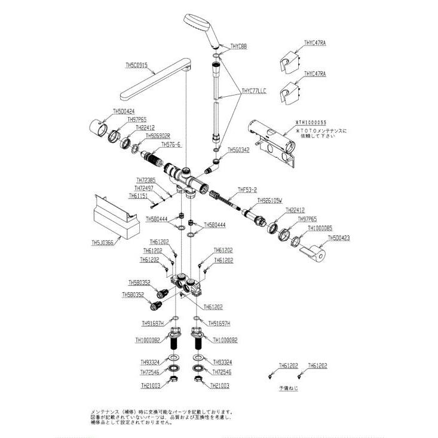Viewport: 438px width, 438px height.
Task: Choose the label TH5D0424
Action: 124,111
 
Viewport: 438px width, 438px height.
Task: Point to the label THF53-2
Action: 247,191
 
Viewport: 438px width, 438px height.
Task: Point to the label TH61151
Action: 139,195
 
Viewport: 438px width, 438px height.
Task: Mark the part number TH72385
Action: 146,180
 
